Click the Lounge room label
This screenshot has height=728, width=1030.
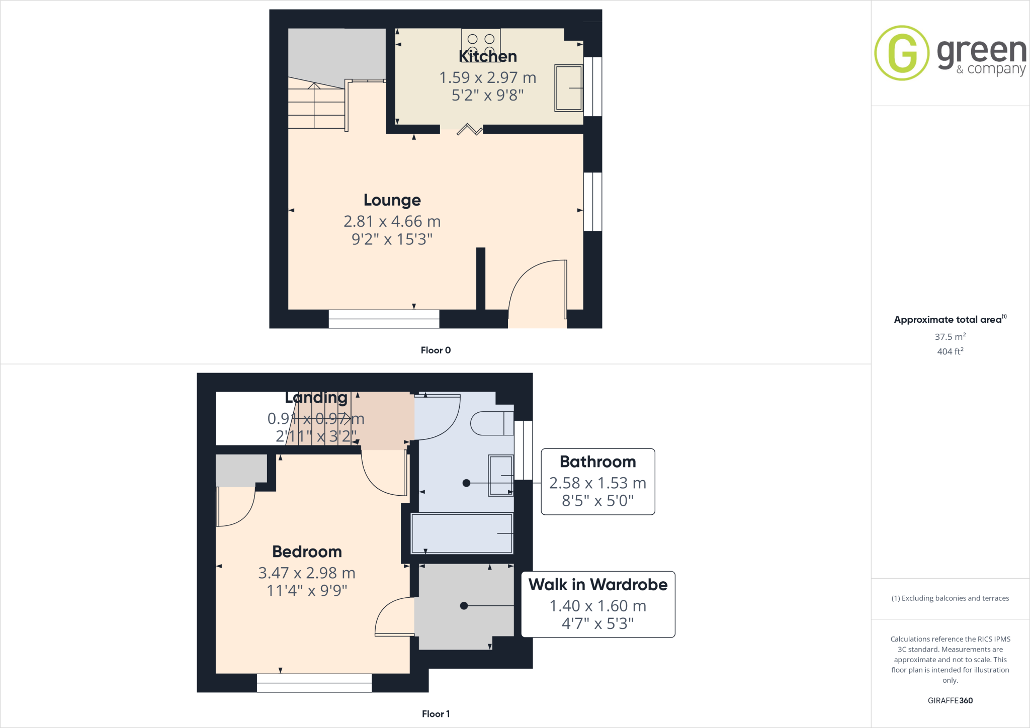tap(392, 200)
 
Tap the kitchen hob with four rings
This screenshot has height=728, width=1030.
tap(481, 40)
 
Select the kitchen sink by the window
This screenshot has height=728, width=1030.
tap(568, 87)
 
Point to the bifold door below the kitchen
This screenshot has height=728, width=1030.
tap(470, 130)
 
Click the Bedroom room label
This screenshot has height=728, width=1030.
tap(307, 552)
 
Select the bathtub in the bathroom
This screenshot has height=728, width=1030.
tap(462, 533)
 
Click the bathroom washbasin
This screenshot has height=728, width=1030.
tap(500, 475)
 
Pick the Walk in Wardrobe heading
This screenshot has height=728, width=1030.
tap(598, 585)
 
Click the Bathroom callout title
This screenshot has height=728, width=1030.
tap(597, 462)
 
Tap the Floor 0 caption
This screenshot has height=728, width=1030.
tap(436, 350)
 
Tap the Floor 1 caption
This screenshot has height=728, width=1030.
tap(436, 714)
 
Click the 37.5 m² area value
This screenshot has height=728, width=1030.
tap(950, 336)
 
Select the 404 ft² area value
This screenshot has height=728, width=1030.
tap(950, 351)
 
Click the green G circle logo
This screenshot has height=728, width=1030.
tap(902, 53)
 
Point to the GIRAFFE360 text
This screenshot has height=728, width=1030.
tap(950, 700)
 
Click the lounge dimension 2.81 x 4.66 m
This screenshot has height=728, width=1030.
tap(392, 221)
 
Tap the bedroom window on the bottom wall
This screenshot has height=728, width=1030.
tap(314, 683)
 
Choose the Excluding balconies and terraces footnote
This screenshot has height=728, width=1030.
tap(950, 598)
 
